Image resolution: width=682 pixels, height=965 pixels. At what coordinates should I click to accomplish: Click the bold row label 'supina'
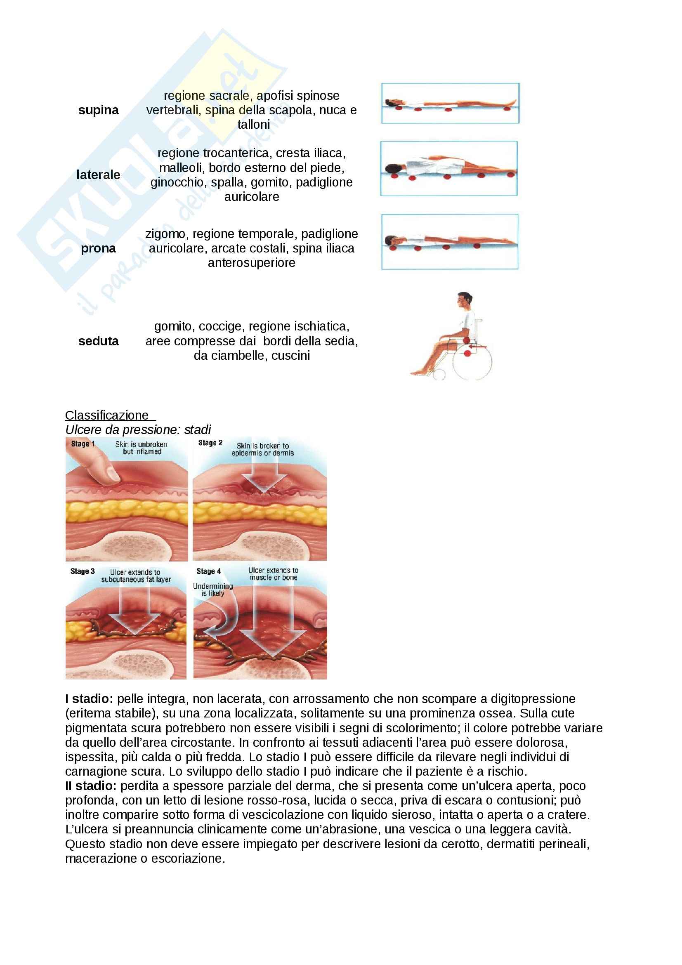point(98,110)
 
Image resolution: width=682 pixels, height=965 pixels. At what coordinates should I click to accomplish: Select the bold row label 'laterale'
point(98,175)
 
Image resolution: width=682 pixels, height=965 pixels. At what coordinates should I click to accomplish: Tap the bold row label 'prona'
point(98,248)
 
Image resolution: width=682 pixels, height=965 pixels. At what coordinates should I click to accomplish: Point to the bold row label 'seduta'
point(98,341)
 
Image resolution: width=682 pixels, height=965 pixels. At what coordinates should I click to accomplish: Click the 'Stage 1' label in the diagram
point(83,444)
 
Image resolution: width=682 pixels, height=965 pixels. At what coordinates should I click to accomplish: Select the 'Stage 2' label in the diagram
point(210,443)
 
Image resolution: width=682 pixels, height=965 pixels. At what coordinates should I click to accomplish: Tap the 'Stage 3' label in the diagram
point(83,571)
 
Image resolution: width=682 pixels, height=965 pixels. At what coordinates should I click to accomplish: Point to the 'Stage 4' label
point(208,571)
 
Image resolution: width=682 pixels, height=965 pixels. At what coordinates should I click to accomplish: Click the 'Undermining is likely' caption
point(212,589)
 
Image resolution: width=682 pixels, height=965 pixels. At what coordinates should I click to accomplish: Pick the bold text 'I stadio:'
point(89,699)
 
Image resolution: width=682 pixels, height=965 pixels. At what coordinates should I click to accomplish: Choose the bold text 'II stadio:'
point(91,786)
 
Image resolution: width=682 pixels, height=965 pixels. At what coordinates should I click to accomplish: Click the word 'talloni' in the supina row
point(253,125)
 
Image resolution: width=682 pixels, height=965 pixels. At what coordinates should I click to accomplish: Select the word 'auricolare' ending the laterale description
point(251,197)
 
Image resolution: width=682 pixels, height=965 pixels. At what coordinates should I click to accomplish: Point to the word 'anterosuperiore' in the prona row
point(251,263)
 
